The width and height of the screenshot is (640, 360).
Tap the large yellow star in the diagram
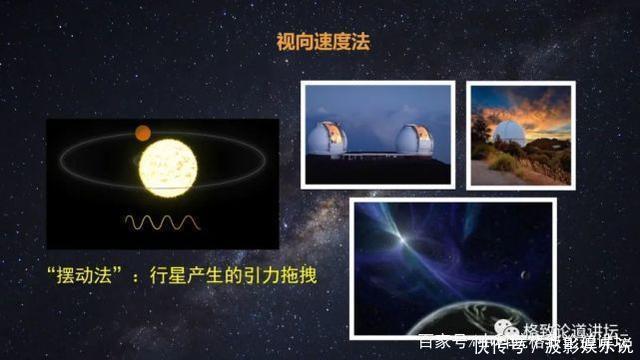coord(168,168)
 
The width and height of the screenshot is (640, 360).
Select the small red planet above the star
coord(142,132)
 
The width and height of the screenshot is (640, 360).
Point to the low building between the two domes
coord(372,155)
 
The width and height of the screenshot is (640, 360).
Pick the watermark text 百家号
coord(437,343)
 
